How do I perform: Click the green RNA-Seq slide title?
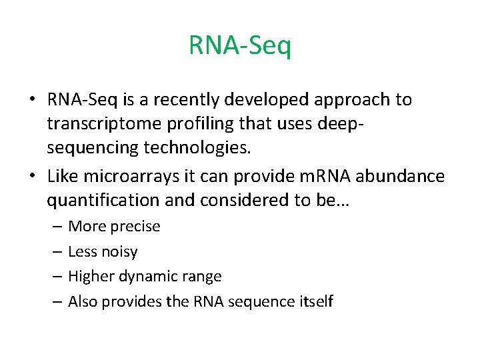tap(240, 46)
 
